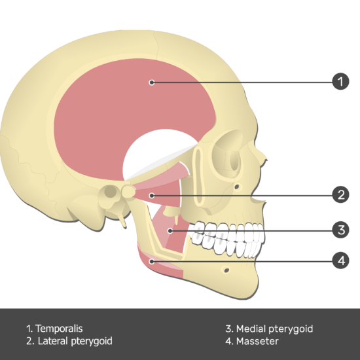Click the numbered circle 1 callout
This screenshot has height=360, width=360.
point(341,82)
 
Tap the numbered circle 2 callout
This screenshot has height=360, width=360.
point(341,194)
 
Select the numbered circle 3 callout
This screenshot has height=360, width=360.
point(341,230)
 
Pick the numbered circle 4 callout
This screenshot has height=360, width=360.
point(341,261)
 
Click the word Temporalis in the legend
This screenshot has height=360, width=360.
point(59,329)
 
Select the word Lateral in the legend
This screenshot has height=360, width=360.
point(53,341)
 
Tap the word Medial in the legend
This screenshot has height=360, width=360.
point(251,329)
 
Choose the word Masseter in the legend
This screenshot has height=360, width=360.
point(257,341)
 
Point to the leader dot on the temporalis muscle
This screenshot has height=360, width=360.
point(152,82)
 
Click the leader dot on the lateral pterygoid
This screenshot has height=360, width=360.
point(152,196)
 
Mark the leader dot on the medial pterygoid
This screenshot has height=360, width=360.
point(170,231)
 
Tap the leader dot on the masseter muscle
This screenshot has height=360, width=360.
point(152,261)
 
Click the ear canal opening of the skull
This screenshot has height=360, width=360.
point(111,190)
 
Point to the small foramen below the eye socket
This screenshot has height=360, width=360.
point(237,187)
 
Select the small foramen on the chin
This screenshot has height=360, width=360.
point(226,270)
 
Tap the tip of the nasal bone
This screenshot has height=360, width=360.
point(266,160)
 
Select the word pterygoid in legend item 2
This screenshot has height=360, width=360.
point(92,342)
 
